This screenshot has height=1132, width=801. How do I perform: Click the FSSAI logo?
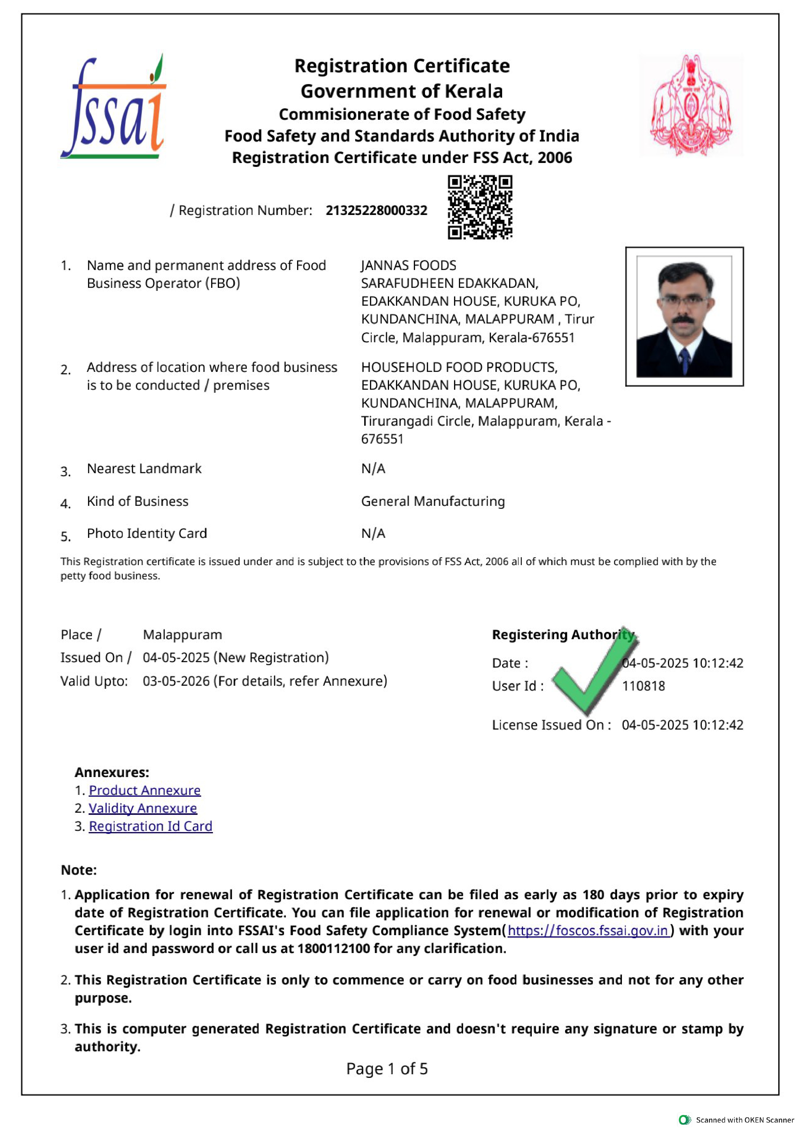click(x=113, y=107)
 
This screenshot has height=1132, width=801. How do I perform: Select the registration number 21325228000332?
click(x=376, y=210)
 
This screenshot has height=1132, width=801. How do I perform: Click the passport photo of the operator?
click(x=684, y=317)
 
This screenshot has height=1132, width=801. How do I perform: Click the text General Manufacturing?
click(x=433, y=501)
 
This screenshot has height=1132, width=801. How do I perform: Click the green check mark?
click(x=594, y=671)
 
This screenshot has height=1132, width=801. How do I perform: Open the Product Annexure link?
click(x=145, y=790)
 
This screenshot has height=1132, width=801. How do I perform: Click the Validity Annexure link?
click(x=142, y=808)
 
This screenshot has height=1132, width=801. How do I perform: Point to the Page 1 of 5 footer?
click(x=387, y=1069)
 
